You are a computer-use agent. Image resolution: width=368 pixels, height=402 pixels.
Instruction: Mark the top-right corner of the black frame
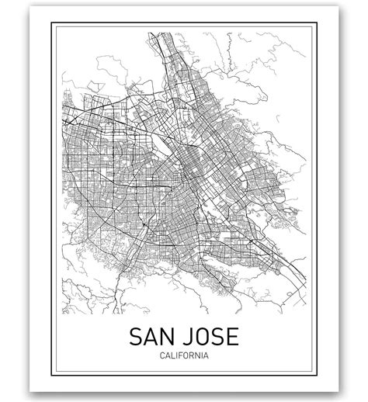coord(317,23)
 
